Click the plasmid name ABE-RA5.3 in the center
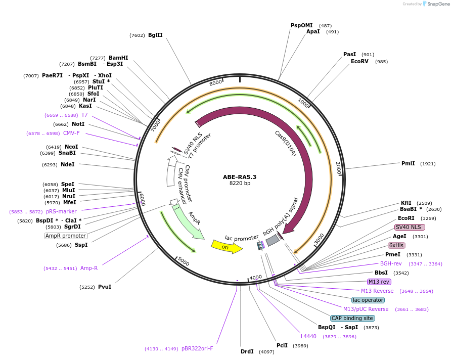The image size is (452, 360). point(240,177)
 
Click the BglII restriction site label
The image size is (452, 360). point(155,35)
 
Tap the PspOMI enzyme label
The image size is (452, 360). point(301,25)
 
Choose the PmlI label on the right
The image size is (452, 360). point(408,163)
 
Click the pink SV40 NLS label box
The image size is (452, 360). point(410,227)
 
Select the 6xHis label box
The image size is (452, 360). point(396,245)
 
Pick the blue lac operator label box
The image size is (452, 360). point(368,300)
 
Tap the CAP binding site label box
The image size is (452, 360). point(352,318)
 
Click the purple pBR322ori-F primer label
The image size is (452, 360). point(197,348)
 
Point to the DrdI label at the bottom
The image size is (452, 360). point(247,351)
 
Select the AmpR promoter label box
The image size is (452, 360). point(66,236)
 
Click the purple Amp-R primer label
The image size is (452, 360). point(89,268)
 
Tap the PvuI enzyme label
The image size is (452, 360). point(105,287)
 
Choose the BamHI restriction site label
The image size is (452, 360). point(118,58)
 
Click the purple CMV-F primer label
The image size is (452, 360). point(71,133)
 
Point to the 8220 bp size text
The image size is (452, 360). point(240,184)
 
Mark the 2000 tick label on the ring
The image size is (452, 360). point(338,167)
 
